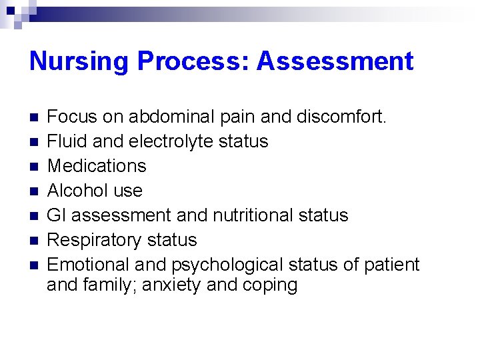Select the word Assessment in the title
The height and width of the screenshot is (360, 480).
[x=335, y=61]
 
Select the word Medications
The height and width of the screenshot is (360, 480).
[x=97, y=166]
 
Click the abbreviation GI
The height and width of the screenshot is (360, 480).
[x=56, y=215]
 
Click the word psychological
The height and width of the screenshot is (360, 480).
[x=227, y=265]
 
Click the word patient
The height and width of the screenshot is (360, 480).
[x=391, y=265]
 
